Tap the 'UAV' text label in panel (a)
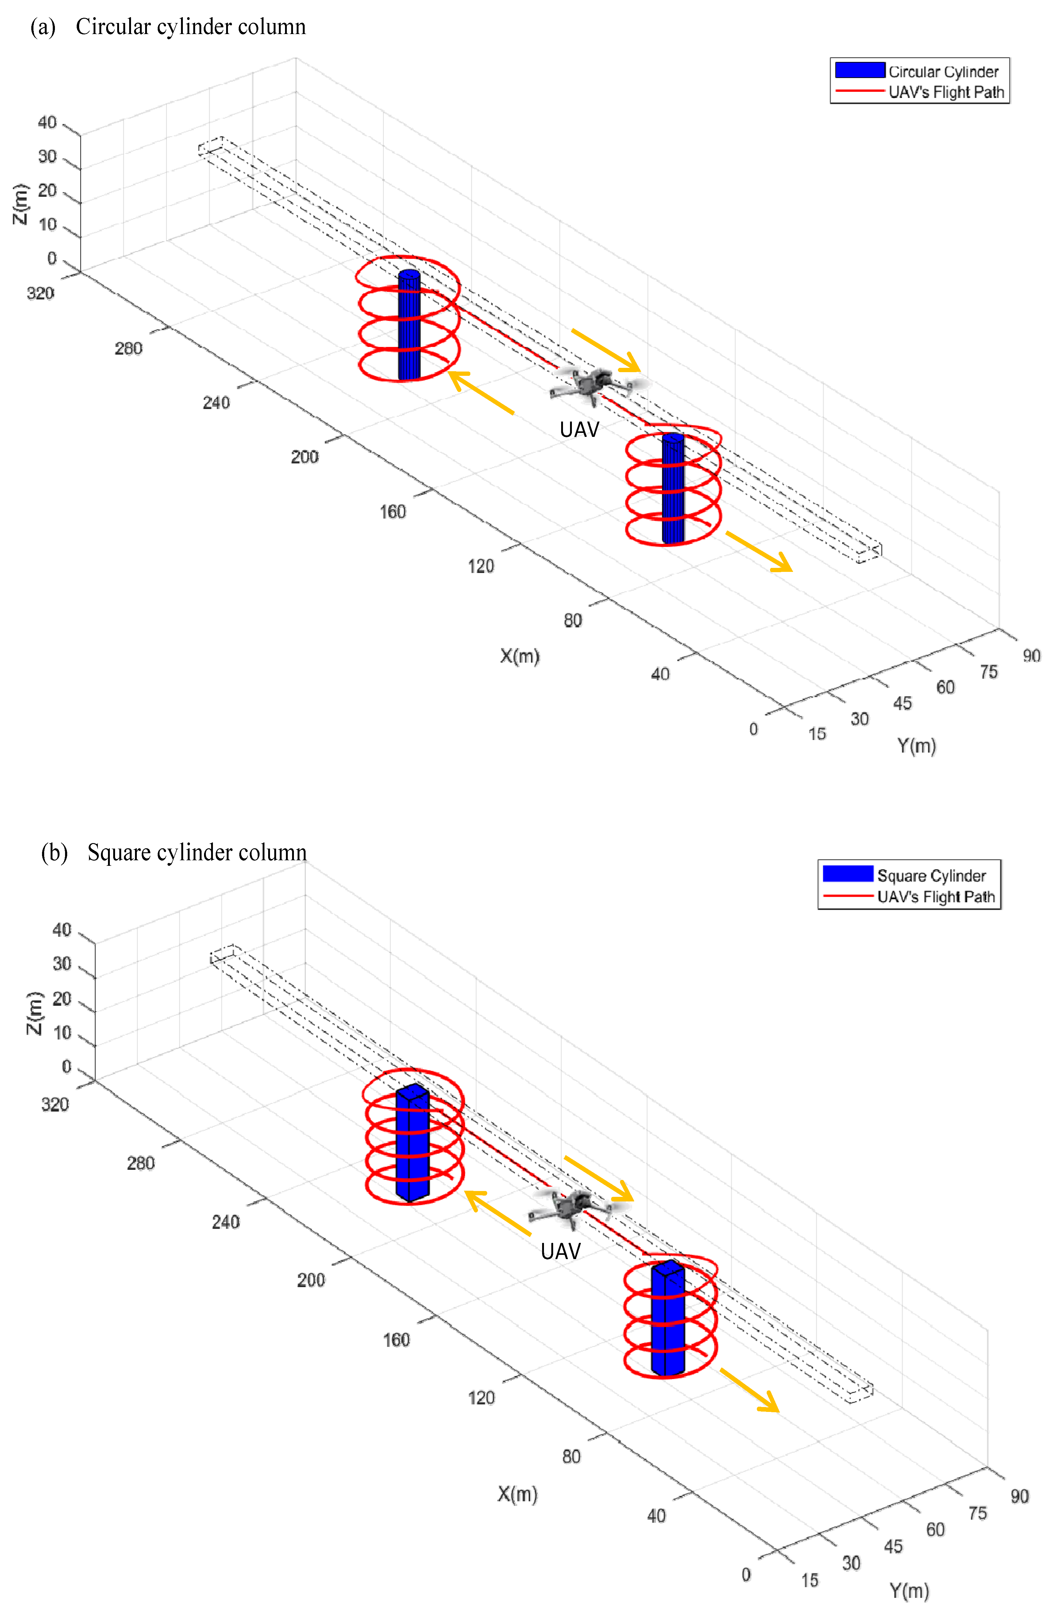point(579,430)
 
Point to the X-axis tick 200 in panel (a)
point(305,457)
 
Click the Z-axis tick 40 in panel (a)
point(47,123)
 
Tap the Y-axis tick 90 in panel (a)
point(1031,656)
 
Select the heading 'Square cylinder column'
point(197,852)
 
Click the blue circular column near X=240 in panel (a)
point(409,326)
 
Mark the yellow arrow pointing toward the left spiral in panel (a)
point(480,392)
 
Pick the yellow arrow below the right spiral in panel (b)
point(749,1390)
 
